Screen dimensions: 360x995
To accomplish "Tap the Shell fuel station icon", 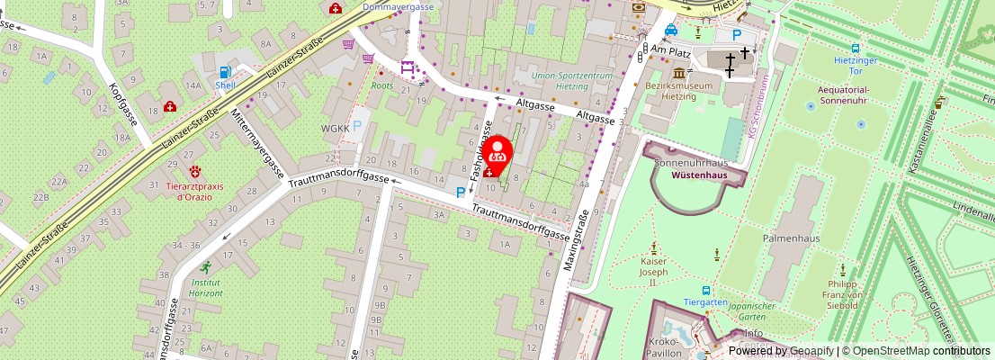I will click(x=226, y=71).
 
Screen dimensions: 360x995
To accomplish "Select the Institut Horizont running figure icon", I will click(x=206, y=267).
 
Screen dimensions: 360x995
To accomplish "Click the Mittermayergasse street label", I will click(x=256, y=148).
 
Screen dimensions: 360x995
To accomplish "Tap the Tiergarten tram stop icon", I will click(x=706, y=291).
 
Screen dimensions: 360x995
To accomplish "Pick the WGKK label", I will click(x=335, y=129).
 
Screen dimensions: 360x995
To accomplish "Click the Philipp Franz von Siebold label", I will click(x=842, y=294).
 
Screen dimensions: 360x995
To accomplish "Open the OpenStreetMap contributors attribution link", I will click(x=917, y=351).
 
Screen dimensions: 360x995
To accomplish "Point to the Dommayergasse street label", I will click(x=398, y=6).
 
